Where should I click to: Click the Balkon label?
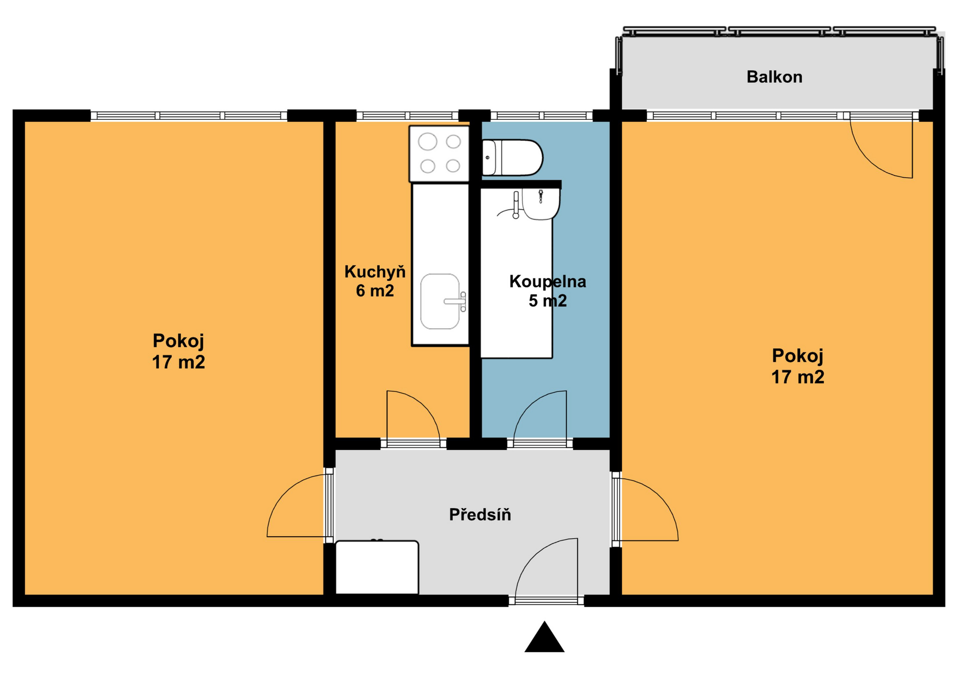pyautogui.click(x=774, y=77)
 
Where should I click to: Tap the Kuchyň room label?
pyautogui.click(x=375, y=272)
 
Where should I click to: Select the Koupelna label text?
pyautogui.click(x=547, y=282)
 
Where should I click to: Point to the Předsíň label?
pyautogui.click(x=480, y=514)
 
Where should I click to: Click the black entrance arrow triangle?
pyautogui.click(x=544, y=637)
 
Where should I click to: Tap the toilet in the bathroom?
pyautogui.click(x=512, y=158)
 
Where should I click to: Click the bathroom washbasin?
pyautogui.click(x=541, y=204)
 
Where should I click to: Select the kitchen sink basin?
pyautogui.click(x=440, y=301)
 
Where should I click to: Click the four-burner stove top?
pyautogui.click(x=439, y=154)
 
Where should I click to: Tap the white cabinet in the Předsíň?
pyautogui.click(x=377, y=567)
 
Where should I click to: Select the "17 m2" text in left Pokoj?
pyautogui.click(x=179, y=362)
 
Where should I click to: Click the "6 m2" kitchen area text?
pyautogui.click(x=375, y=291)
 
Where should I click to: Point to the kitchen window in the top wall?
pyautogui.click(x=407, y=116)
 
